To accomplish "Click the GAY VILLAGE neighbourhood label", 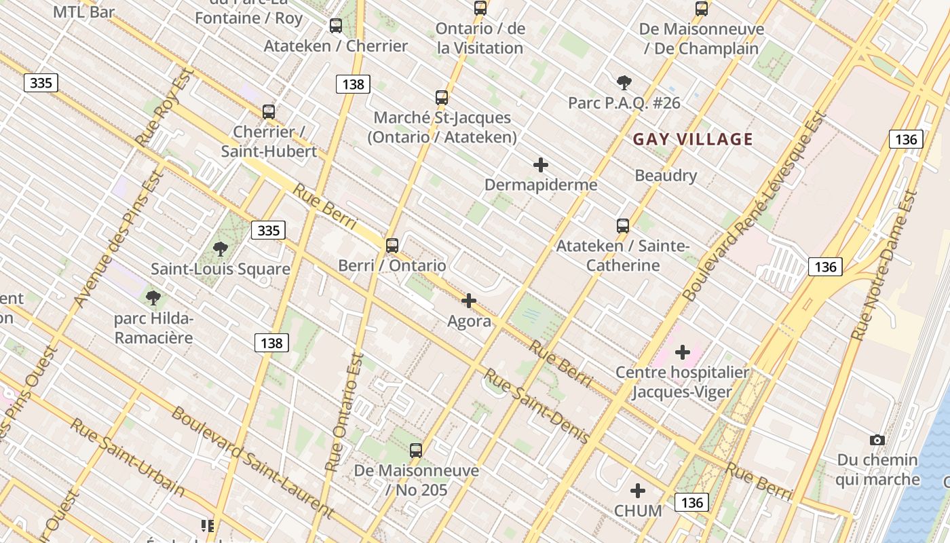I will tap(693, 140).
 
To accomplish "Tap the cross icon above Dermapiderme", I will tap(541, 165).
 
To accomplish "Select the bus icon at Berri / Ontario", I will tap(392, 246).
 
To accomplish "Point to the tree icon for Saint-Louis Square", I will tap(220, 249).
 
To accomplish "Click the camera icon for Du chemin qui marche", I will tap(877, 441).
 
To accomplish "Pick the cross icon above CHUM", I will tap(637, 491).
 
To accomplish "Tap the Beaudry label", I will tap(666, 176).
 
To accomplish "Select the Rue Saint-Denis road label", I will tap(536, 407).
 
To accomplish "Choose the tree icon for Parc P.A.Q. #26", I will tap(624, 83).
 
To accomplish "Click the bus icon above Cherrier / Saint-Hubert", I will tap(269, 112).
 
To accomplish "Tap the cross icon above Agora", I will tap(469, 301).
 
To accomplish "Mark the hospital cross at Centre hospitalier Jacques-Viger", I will tap(683, 352).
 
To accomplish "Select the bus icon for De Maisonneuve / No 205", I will tap(415, 450).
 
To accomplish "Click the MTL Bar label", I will tap(83, 12).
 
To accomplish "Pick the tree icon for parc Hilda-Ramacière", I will tap(153, 297).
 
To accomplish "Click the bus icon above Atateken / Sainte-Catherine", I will tap(622, 226).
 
